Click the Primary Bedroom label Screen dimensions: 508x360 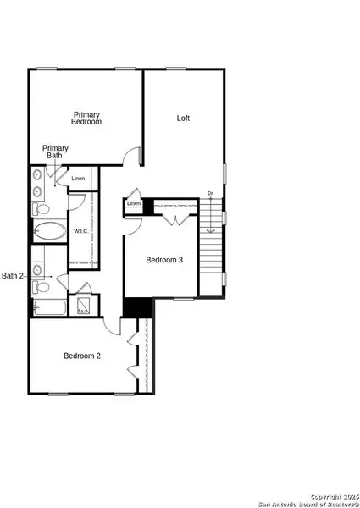86,118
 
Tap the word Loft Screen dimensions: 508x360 183,118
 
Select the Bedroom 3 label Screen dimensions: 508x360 163,260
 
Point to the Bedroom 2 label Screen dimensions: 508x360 82,356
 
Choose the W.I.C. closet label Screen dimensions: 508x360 81,231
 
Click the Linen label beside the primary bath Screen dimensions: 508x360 78,179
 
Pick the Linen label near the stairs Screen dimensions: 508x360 134,204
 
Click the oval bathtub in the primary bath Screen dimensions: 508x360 48,230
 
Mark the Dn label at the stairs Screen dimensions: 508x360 210,194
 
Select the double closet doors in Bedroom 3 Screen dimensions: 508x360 175,220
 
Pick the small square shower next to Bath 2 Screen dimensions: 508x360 84,306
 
